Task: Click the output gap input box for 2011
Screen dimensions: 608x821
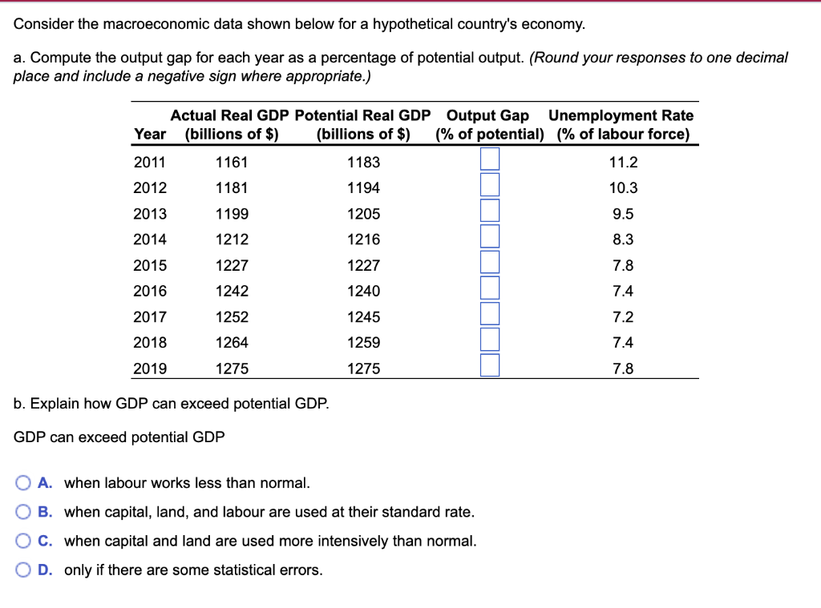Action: coord(490,161)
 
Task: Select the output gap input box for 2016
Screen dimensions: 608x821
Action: coord(490,290)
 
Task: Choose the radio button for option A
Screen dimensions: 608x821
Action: coord(22,483)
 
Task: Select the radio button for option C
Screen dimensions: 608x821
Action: coord(22,541)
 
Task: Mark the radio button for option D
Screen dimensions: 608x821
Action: coord(22,570)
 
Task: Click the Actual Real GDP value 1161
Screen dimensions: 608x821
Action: coord(232,163)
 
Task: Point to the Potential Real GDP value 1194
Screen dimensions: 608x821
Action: coord(363,188)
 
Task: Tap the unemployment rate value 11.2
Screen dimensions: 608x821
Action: coord(623,163)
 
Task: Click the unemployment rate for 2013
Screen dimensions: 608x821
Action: coord(623,214)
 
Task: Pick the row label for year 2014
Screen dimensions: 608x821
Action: coord(150,240)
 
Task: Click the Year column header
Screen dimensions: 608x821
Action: coord(150,134)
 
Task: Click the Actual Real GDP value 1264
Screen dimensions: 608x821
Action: coord(232,342)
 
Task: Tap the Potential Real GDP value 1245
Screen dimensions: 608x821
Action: coord(363,316)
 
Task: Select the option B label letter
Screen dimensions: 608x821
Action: coord(46,512)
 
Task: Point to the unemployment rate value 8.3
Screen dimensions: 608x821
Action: coord(623,240)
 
